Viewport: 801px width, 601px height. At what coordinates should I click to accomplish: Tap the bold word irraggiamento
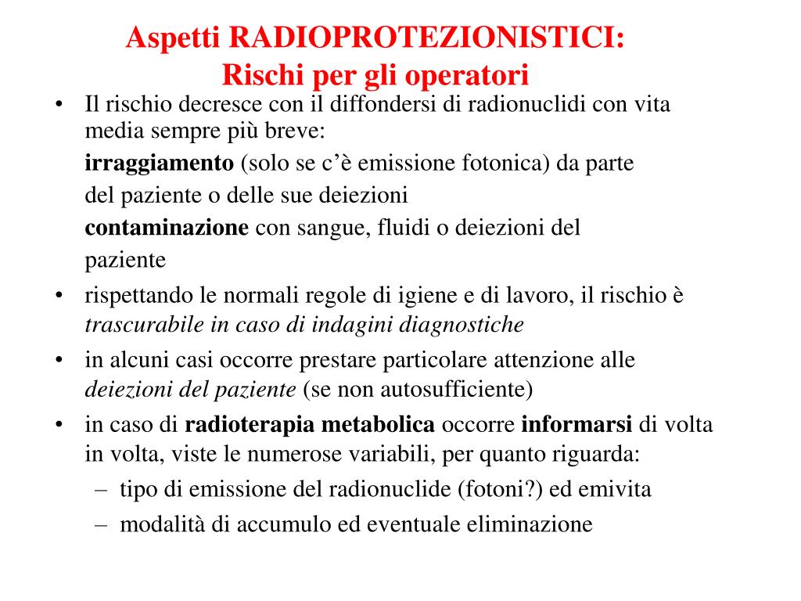[159, 164]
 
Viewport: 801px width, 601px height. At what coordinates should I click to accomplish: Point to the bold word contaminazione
[167, 228]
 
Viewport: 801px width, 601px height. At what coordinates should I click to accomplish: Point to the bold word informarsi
[577, 425]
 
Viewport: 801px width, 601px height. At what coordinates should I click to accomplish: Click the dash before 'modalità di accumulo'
[101, 524]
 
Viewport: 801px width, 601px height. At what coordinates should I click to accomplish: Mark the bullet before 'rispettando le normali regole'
[59, 297]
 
